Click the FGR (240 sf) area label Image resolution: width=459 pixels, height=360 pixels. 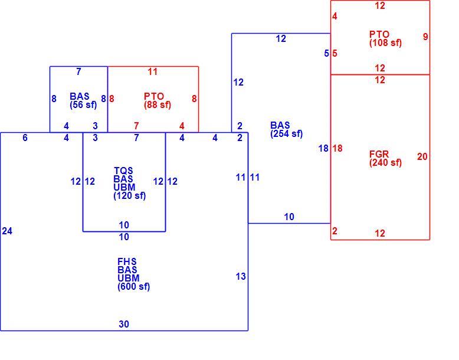coord(385,158)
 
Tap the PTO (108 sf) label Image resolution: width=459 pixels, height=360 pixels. coord(385,38)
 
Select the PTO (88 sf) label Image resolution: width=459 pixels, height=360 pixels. coord(158,100)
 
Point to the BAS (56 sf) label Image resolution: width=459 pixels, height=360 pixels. coord(83,100)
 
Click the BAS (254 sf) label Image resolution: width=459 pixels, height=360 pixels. coord(287,129)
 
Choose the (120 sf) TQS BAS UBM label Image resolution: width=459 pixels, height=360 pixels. coord(129,183)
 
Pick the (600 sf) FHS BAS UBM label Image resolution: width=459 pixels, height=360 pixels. coord(133,274)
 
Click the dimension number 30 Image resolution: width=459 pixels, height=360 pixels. coord(124,324)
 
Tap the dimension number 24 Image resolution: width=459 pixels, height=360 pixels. coord(7,231)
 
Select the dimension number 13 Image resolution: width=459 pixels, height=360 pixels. coord(241,276)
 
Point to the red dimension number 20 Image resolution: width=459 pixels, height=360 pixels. coord(422,157)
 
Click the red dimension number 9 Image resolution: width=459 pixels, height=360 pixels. coord(425,37)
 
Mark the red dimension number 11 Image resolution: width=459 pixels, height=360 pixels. coord(153,71)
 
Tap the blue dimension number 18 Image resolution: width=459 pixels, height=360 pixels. coord(323,149)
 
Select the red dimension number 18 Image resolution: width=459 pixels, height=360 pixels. coord(337,149)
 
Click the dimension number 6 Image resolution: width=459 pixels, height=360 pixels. coord(25,138)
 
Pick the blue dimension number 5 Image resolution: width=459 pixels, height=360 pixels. coord(326,53)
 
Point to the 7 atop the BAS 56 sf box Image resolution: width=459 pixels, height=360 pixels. coord(78,71)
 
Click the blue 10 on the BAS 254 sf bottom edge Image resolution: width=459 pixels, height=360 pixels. coord(289,217)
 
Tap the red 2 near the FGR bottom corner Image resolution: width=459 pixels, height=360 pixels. coord(335,231)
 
